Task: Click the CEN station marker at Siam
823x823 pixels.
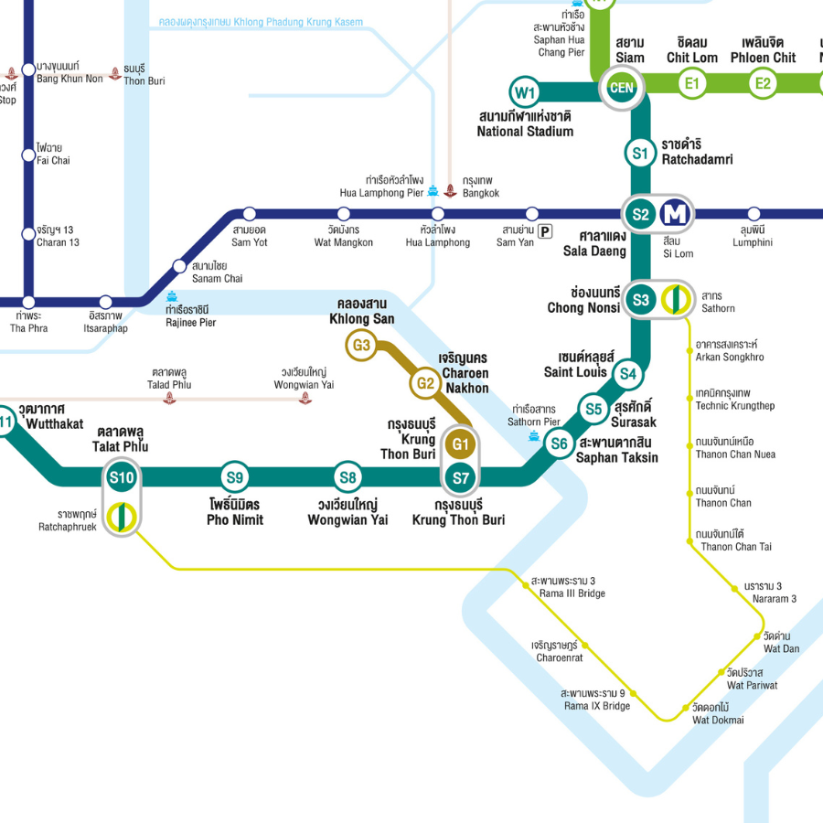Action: (x=622, y=89)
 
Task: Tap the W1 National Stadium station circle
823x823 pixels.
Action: (x=525, y=92)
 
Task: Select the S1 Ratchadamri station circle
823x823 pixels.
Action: (x=640, y=153)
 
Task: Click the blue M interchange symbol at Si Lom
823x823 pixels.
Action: (x=678, y=215)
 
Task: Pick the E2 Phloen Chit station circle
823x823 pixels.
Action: (x=763, y=85)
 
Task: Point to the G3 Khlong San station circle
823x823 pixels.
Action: (x=362, y=346)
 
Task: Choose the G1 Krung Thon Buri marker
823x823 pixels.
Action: (x=460, y=444)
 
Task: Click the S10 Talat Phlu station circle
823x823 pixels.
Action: (x=122, y=476)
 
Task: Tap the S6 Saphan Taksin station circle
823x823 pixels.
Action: (x=560, y=444)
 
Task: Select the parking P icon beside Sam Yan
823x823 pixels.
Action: (x=546, y=231)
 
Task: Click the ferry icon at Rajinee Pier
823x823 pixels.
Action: (x=172, y=296)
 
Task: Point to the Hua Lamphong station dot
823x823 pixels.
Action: (x=438, y=214)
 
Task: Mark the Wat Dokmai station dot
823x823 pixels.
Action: (x=686, y=708)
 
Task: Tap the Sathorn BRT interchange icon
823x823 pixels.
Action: (x=676, y=299)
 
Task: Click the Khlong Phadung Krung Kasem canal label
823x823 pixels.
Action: (x=261, y=22)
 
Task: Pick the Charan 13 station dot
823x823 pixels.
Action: (x=28, y=234)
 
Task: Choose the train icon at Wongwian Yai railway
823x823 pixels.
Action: (x=305, y=399)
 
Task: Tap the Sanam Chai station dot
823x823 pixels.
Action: (x=180, y=266)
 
